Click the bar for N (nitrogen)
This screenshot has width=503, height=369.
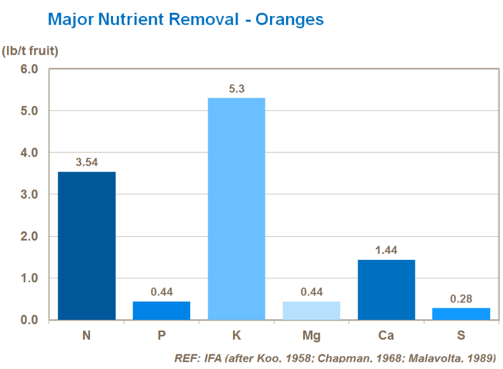(87, 246)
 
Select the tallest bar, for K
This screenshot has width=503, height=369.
(236, 209)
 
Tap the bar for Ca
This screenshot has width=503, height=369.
(386, 290)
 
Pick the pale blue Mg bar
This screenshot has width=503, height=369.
(312, 311)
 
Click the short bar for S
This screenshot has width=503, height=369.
(461, 314)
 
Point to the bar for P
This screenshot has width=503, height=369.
(161, 311)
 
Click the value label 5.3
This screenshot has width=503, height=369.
(237, 89)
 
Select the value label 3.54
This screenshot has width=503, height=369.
(87, 162)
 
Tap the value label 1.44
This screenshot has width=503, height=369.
(386, 250)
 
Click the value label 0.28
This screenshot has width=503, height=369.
(461, 299)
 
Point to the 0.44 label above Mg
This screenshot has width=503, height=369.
(312, 292)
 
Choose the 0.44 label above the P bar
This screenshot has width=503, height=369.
(161, 292)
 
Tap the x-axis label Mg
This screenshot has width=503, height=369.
(312, 335)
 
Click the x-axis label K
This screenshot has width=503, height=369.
(237, 335)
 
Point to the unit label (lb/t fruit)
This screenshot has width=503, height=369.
(30, 51)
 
